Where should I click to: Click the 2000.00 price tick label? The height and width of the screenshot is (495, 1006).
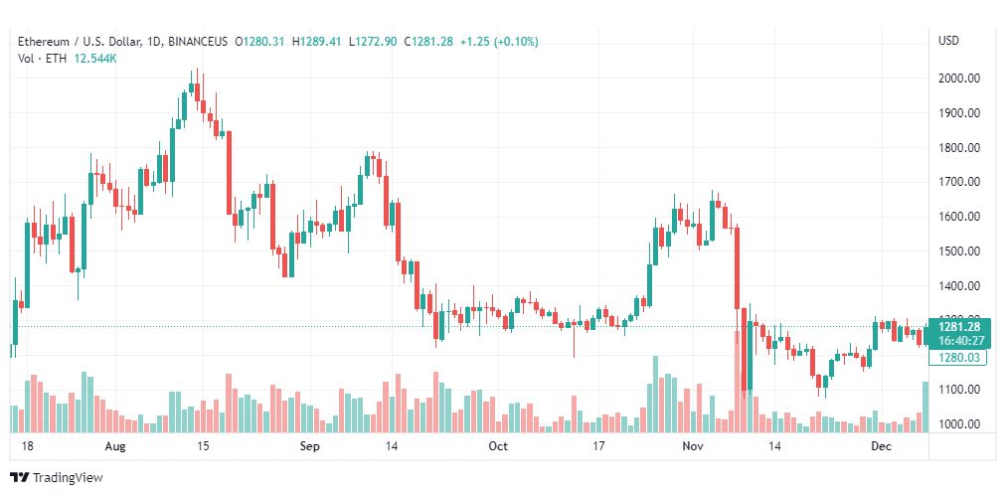point(960,79)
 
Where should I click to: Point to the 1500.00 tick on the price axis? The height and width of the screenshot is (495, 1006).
point(960,251)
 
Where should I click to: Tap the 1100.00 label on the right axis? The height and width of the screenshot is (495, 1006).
point(960,390)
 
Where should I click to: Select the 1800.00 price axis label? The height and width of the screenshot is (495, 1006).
point(960,148)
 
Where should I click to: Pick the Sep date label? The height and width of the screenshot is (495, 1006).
point(309,447)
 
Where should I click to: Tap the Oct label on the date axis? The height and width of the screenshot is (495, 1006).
point(498,447)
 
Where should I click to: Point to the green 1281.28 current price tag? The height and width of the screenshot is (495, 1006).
point(959,326)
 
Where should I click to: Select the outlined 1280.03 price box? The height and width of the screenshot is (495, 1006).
point(959,358)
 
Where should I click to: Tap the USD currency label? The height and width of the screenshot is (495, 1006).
point(948,41)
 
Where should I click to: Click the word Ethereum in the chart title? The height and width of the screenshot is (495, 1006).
point(45,42)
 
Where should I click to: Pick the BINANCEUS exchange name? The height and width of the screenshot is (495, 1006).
point(198,42)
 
